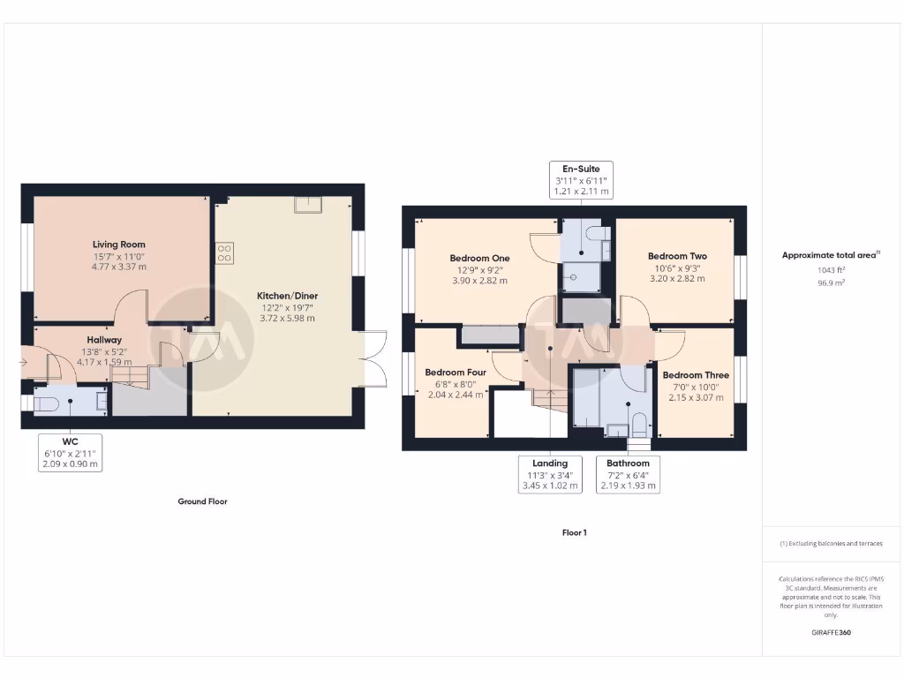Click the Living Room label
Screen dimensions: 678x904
click(x=119, y=245)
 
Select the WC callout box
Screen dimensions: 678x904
click(x=70, y=452)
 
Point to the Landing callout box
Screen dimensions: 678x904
click(x=550, y=474)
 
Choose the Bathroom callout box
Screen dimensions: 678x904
click(x=628, y=474)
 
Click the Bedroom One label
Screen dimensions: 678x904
click(x=479, y=259)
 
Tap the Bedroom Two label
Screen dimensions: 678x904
click(x=677, y=256)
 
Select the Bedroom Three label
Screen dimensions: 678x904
click(x=696, y=375)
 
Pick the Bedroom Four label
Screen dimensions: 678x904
click(x=456, y=373)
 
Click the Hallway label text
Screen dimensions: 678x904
click(x=104, y=340)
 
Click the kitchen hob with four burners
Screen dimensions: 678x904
click(x=224, y=253)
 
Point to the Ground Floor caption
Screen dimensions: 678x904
click(x=202, y=501)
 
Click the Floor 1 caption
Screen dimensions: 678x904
click(x=574, y=532)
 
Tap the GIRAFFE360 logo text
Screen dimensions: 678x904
click(x=831, y=633)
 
